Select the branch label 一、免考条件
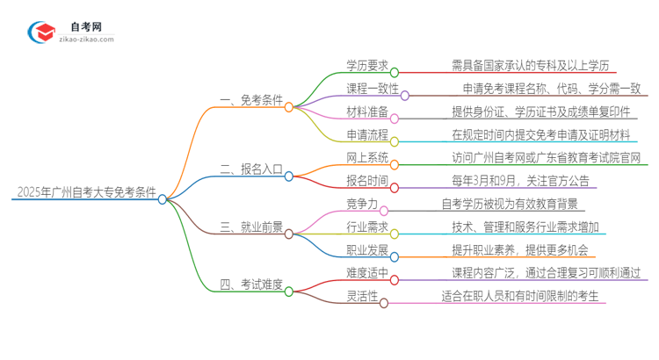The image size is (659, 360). coord(252,100)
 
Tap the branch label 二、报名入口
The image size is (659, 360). coord(252,169)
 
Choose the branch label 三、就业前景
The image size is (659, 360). coord(252,226)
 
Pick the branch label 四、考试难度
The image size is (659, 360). coord(252,283)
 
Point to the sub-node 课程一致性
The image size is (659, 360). coord(373,89)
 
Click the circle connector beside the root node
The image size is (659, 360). coord(163,199)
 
